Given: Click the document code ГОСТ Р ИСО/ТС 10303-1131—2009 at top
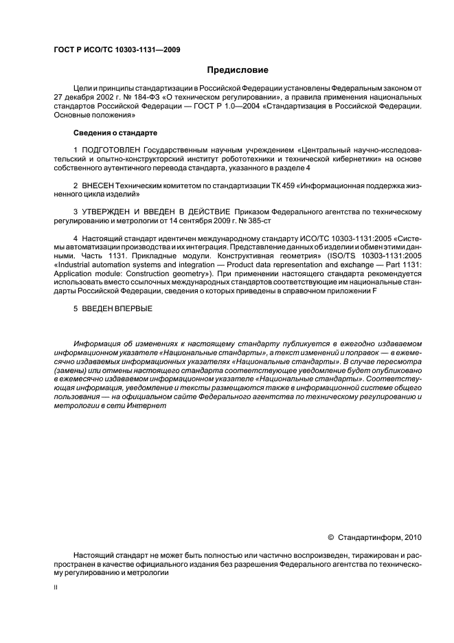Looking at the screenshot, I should click(x=116, y=49).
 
